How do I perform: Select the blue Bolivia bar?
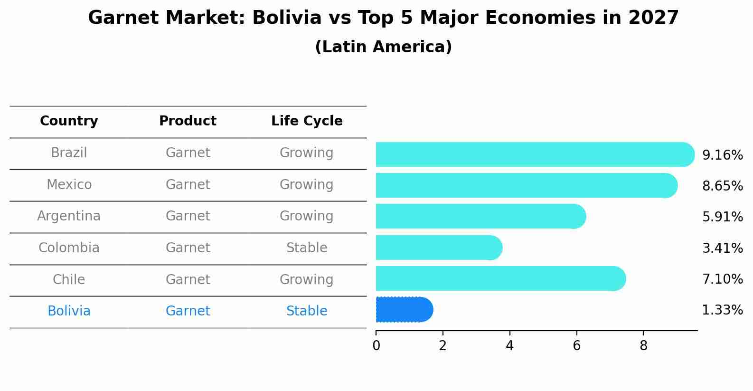[404, 310]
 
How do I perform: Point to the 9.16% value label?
[722, 155]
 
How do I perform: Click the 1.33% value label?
[722, 310]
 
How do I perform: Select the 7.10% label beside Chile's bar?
[722, 279]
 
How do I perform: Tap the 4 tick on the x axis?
[509, 346]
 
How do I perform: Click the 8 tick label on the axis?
[643, 346]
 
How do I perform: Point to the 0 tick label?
[376, 346]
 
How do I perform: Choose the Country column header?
[69, 121]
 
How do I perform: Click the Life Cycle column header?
[307, 121]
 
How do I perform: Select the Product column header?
[188, 121]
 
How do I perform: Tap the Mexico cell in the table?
[69, 184]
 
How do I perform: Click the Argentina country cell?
[69, 216]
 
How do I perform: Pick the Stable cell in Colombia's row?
[307, 248]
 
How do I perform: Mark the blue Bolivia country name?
[69, 311]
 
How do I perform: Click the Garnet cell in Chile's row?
[188, 279]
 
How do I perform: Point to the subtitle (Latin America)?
[383, 47]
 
